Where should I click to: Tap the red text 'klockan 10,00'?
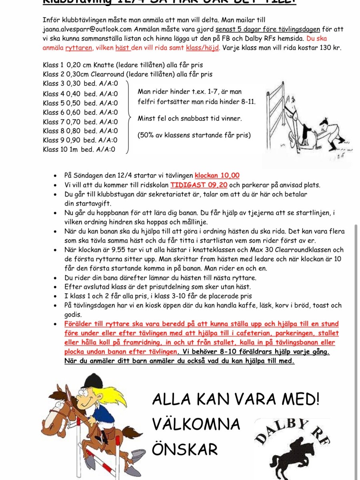pyautogui.click(x=217, y=176)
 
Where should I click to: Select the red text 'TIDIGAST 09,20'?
pyautogui.click(x=199, y=185)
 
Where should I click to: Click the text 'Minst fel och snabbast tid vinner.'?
pyautogui.click(x=190, y=119)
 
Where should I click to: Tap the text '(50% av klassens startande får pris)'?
pyautogui.click(x=194, y=135)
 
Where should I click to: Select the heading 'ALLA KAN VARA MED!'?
pyautogui.click(x=236, y=399)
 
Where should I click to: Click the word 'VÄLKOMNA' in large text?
pyautogui.click(x=196, y=424)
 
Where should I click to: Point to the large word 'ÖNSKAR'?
pyautogui.click(x=185, y=449)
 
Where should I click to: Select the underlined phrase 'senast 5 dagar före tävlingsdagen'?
pyautogui.click(x=268, y=29)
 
